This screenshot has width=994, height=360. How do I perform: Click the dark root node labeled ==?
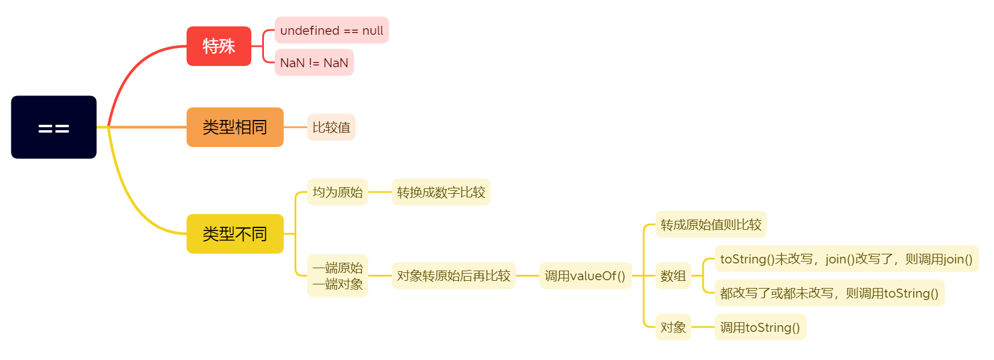pyautogui.click(x=54, y=127)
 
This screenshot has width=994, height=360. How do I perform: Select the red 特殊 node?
pyautogui.click(x=219, y=46)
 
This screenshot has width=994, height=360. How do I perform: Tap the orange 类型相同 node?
pyautogui.click(x=235, y=127)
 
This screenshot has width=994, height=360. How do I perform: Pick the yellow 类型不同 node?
pyautogui.click(x=235, y=234)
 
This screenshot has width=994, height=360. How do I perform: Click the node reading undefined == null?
pyautogui.click(x=332, y=30)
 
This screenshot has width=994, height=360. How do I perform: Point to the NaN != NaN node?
pyautogui.click(x=314, y=62)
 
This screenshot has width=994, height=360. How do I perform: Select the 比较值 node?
pyautogui.click(x=331, y=127)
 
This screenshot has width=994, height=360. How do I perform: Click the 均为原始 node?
pyautogui.click(x=337, y=192)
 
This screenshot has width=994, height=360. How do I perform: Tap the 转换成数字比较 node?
pyautogui.click(x=441, y=192)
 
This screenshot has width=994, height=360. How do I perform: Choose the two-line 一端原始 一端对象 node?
pyautogui.click(x=337, y=275)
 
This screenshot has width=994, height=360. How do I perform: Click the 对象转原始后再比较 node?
pyautogui.click(x=454, y=275)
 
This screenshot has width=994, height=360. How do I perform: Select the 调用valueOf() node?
pyautogui.click(x=585, y=275)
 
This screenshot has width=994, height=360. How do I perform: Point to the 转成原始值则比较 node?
pyautogui.click(x=711, y=224)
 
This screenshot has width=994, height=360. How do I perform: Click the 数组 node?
pyautogui.click(x=673, y=275)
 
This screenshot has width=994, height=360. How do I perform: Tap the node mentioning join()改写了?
pyautogui.click(x=846, y=259)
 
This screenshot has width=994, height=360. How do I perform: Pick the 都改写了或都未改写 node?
pyautogui.click(x=830, y=293)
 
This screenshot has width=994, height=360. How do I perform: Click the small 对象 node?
pyautogui.click(x=673, y=327)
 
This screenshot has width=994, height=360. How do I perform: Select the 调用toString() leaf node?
pyautogui.click(x=760, y=327)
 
